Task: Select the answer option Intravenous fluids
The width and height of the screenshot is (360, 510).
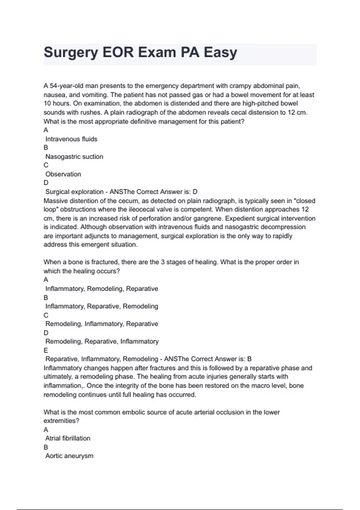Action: pos(71,139)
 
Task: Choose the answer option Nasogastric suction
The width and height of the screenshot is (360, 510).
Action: pos(74,157)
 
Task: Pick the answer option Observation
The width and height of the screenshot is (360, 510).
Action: pos(63,174)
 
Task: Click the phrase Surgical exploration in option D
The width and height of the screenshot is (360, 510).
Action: pos(74,192)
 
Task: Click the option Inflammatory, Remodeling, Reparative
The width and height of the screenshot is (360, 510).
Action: pos(102,289)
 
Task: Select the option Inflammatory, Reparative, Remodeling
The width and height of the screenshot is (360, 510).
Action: pos(102,306)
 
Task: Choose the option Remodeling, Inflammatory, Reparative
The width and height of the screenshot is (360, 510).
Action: pos(102,324)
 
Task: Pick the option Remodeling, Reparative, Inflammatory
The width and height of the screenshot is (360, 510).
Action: pos(102,341)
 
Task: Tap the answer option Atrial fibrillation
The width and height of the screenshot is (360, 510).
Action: pos(68,438)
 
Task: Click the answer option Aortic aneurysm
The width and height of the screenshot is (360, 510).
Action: pos(69,456)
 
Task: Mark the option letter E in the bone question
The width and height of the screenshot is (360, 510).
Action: pos(46,350)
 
